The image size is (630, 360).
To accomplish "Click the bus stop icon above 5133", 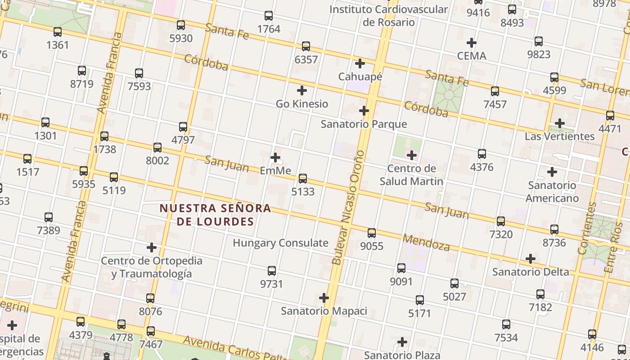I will tap(303, 179).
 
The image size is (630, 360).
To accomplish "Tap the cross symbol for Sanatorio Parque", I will tap(364, 111).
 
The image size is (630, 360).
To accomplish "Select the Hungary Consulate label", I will tap(280, 243).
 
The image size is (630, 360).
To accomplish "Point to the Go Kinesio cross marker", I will tap(302, 90).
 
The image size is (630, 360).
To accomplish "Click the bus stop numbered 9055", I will tap(372, 233).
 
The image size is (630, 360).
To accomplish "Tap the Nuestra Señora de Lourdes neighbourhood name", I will tap(216, 215).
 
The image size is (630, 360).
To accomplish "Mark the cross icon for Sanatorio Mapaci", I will tap(324, 298).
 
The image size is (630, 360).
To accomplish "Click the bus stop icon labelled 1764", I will tap(269, 16).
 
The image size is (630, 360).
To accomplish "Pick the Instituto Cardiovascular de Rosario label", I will tap(389, 15).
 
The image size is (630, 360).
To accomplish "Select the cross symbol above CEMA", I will tap(472, 43).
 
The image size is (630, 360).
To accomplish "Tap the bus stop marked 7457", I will tap(495, 91).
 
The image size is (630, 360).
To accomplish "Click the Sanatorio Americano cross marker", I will tap(552, 172).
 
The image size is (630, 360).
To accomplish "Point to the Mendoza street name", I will tap(426, 243).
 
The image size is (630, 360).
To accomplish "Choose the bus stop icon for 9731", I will tap(272, 271).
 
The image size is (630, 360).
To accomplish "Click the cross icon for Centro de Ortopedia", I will tap(152, 247).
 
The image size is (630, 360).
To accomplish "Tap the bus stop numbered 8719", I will tap(82, 71).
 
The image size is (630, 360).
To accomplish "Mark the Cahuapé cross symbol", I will tap(360, 63).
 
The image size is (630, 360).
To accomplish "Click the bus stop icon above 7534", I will tap(506, 324).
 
